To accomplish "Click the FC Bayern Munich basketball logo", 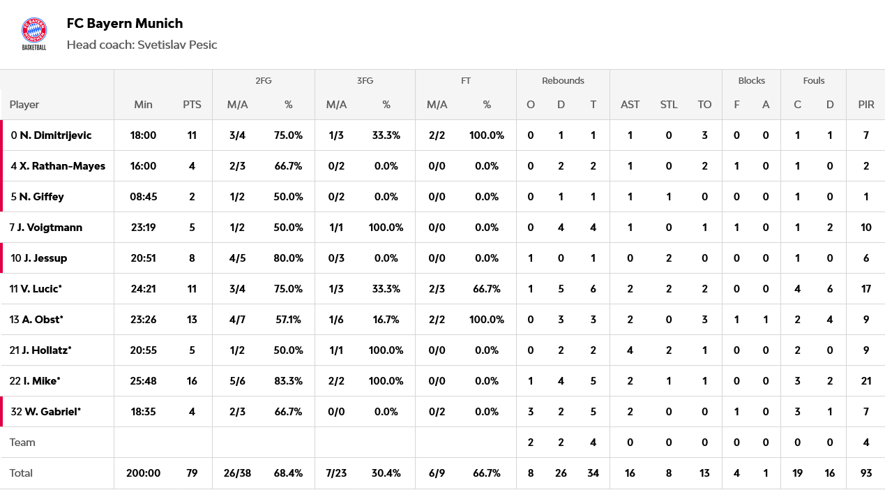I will click(34, 34).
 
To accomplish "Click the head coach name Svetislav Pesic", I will click(177, 45).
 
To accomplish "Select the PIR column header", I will click(866, 105).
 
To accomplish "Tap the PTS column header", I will click(192, 105).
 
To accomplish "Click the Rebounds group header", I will click(563, 80).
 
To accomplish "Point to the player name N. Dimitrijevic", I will click(55, 135).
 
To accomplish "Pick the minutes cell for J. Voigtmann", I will click(143, 228).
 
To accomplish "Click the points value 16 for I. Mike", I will click(192, 381).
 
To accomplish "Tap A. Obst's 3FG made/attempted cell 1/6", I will click(336, 320).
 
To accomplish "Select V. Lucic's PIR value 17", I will click(866, 289).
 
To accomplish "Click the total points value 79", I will click(192, 473).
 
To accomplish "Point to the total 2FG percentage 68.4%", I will click(288, 473).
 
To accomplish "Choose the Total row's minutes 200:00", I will click(143, 473).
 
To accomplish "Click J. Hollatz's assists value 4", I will click(630, 350).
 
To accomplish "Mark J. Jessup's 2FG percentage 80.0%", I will click(288, 258).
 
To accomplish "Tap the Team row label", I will click(22, 443).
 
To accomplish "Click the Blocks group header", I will click(751, 80).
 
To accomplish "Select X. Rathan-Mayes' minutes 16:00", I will click(143, 166).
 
